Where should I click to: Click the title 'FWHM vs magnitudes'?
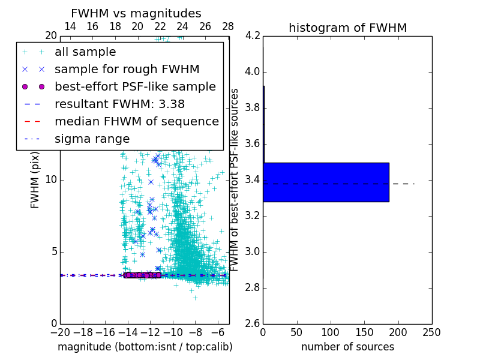[136, 13]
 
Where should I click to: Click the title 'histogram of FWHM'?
[347, 28]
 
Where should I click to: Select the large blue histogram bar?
[326, 182]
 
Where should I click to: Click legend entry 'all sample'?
[85, 52]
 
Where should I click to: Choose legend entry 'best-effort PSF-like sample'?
[135, 86]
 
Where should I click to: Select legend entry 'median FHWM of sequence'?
[136, 121]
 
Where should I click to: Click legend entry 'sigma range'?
[92, 139]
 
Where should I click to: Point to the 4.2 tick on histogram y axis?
[252, 36]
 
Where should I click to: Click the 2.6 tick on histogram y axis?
[252, 323]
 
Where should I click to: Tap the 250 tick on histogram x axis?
[431, 332]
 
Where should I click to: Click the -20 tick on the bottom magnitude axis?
[60, 332]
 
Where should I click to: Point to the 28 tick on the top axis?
[228, 26]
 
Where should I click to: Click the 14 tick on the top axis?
[70, 26]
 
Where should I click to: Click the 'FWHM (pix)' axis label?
[35, 180]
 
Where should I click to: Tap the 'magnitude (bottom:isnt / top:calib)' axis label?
[145, 347]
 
